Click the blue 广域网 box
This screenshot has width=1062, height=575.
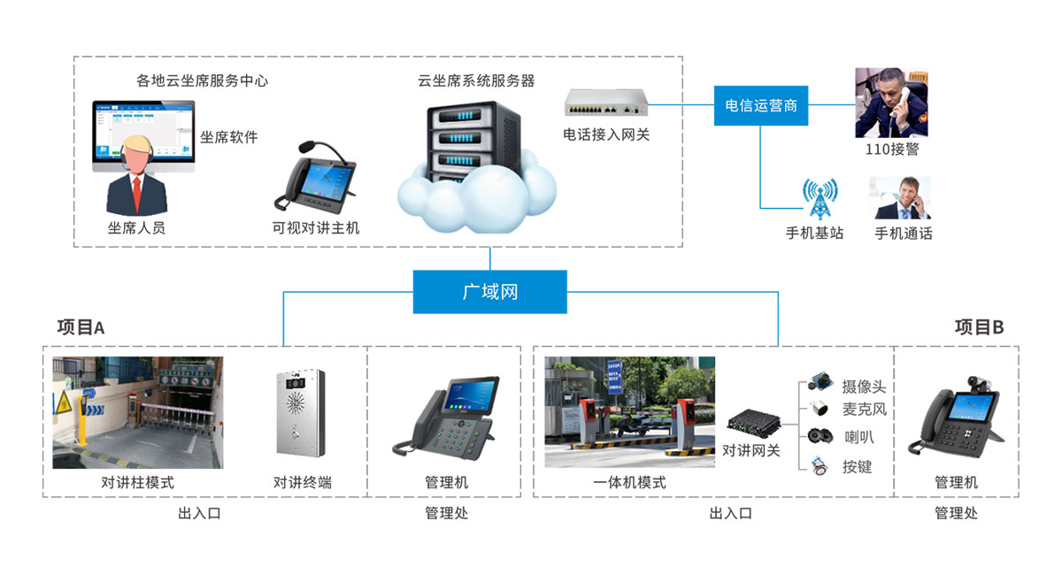489,291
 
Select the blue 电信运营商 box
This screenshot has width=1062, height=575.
761,105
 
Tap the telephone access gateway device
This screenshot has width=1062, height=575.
606,103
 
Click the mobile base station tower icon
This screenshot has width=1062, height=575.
819,201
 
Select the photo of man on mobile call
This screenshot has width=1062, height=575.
902,198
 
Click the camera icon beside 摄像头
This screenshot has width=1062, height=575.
819,383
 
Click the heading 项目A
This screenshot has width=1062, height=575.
81,327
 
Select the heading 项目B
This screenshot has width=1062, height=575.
979,327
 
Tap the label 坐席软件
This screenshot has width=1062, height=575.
228,137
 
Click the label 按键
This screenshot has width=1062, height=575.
857,466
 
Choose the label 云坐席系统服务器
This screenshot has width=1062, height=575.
476,80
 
